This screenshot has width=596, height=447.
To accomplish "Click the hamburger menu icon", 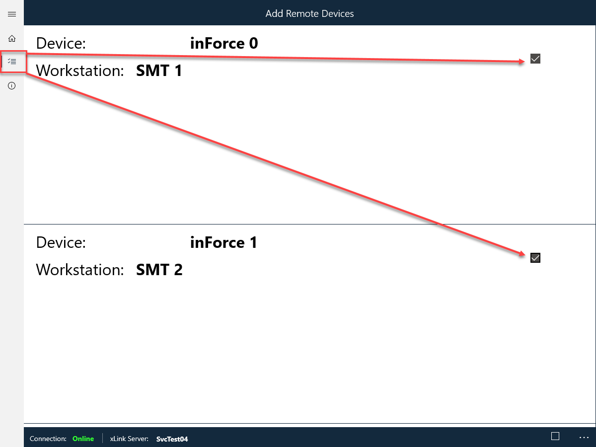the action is coord(12,14).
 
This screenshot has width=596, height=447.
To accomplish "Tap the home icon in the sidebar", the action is coord(12,39).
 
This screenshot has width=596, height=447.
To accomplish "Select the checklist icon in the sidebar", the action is coord(12,61).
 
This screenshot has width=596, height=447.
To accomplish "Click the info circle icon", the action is coord(12,86).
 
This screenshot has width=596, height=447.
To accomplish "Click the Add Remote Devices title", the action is coord(309,13).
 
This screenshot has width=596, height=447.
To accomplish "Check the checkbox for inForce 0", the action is coord(535,59).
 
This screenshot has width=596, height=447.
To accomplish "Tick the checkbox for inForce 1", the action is coord(535,258).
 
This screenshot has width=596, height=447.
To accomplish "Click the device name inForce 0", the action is coord(224,43).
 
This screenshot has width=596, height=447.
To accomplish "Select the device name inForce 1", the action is coord(223,242).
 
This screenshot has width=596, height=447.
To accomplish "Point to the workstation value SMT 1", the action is coord(159,71).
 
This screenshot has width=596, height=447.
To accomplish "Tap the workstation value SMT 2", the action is coord(159,270).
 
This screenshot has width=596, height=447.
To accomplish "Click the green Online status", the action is coord(83,439).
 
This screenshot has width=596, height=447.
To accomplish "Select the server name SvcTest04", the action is coord(172,439).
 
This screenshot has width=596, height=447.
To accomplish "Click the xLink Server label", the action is coord(129,439).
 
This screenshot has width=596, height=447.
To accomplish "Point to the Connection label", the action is coord(48,439).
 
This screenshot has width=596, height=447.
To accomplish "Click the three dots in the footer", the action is coord(584,438).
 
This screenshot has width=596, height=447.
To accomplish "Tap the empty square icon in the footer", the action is coord(555,436).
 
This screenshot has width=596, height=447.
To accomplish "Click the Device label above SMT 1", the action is coord(61,43).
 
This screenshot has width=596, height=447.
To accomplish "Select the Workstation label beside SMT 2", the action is coord(80,270).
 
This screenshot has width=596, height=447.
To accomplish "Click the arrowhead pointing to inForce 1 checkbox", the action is coord(522,254).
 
